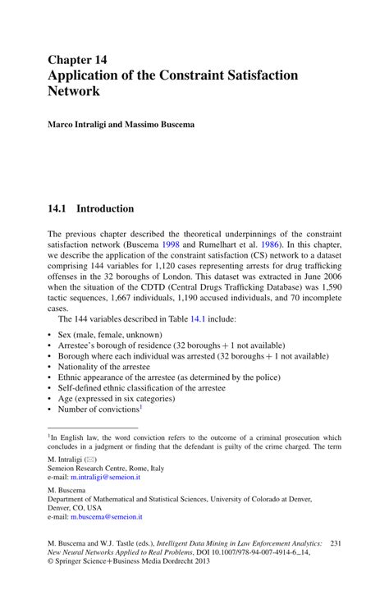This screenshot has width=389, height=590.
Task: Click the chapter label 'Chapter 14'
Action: [x=77, y=60]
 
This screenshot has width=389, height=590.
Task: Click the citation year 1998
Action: [x=171, y=244]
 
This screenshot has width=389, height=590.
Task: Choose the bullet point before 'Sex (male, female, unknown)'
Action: [x=50, y=336]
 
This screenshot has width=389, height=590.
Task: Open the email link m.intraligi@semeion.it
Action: [x=106, y=476]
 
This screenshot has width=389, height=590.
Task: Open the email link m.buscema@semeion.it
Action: [x=107, y=517]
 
